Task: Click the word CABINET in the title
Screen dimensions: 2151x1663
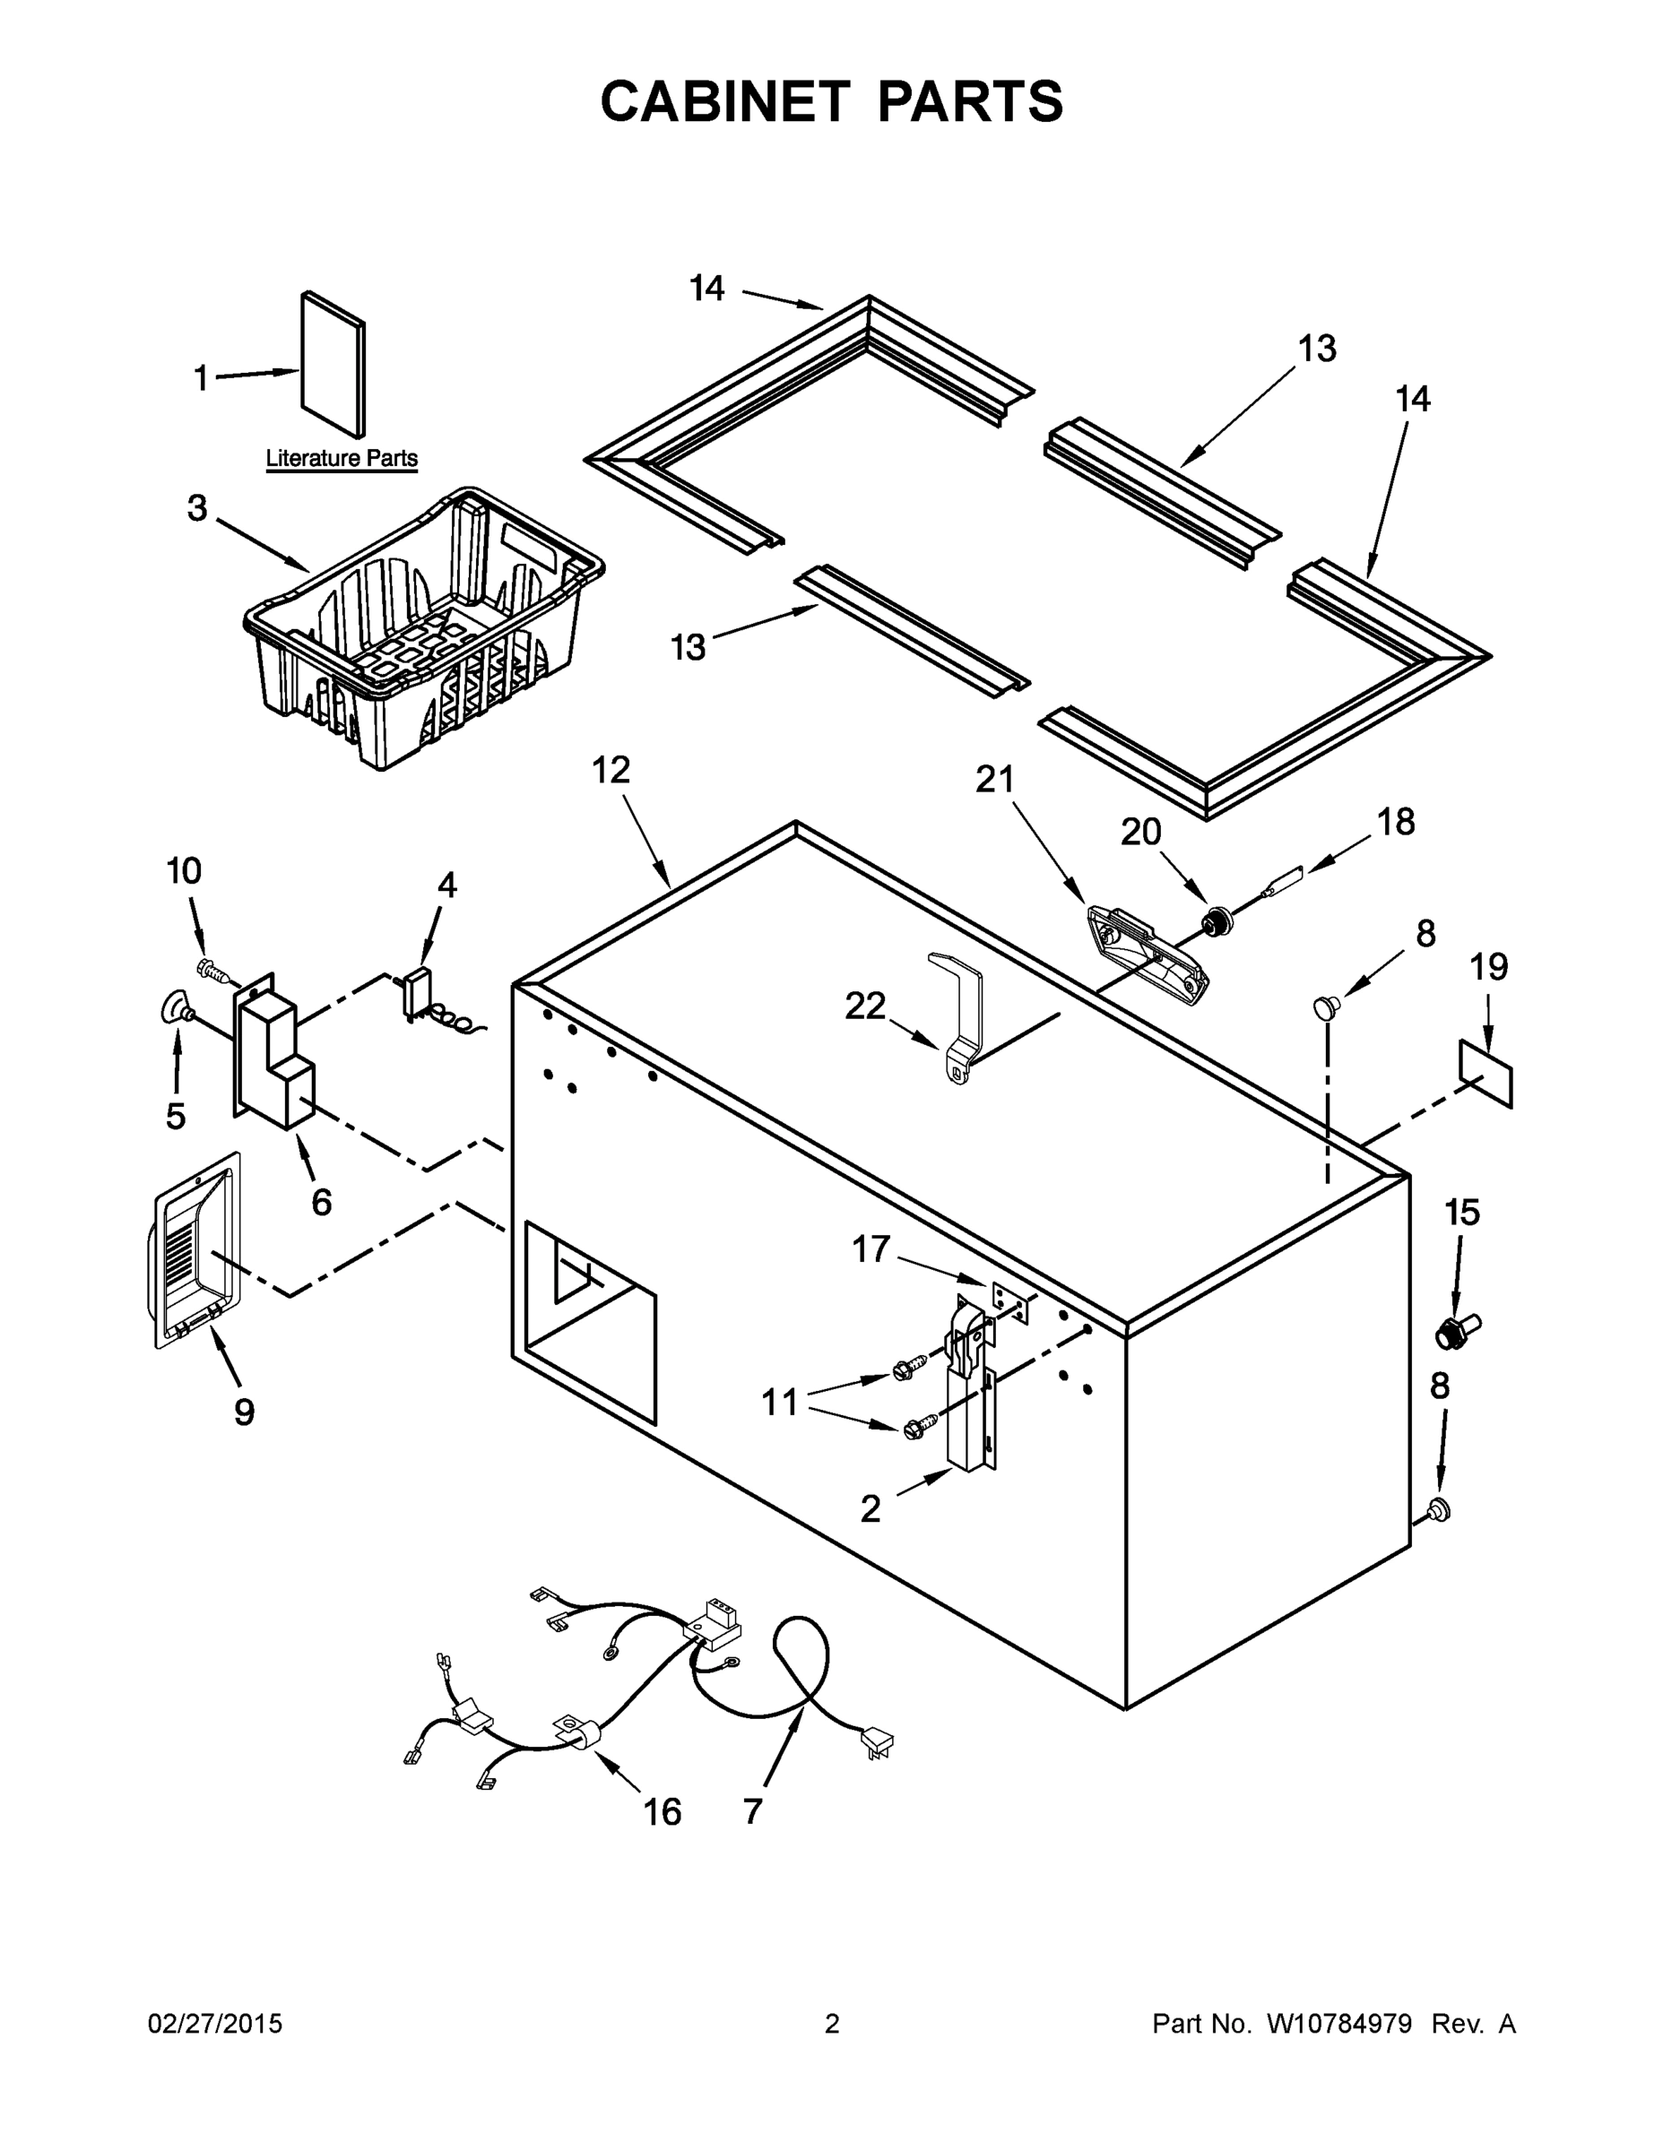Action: coord(724,101)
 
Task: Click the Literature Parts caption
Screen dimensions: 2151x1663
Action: coord(341,458)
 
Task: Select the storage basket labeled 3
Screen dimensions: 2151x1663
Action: coord(424,630)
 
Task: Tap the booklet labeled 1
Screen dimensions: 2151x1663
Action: coord(332,365)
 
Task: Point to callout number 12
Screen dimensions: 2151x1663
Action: coord(611,769)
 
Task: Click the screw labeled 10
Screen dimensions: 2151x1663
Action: coord(216,972)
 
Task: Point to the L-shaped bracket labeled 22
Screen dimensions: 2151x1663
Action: coord(958,1019)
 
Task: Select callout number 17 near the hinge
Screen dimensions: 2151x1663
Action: coord(870,1248)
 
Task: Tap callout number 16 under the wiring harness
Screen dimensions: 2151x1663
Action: coord(662,1811)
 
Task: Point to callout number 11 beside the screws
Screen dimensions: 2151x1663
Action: coord(779,1402)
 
